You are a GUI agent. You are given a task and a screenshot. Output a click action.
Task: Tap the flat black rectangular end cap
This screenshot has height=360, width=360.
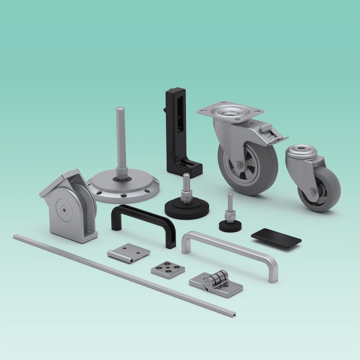276,238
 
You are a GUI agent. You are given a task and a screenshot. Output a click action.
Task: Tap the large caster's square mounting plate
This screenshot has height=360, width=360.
230,110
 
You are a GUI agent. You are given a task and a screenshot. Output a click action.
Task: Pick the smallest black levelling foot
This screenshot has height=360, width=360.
230,225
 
